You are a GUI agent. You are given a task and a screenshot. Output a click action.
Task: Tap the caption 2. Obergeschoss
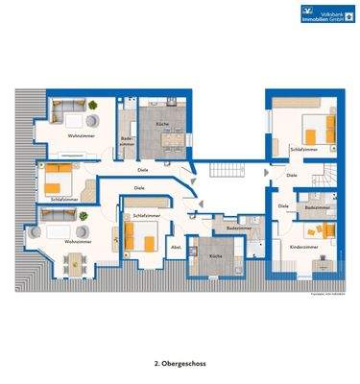pyautogui.click(x=180, y=364)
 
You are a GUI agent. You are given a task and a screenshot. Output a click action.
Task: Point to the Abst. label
pyautogui.click(x=175, y=248)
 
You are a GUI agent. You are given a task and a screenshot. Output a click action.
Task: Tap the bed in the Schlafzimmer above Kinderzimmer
pyautogui.click(x=312, y=130)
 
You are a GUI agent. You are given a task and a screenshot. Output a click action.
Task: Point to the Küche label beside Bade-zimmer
pyautogui.click(x=161, y=127)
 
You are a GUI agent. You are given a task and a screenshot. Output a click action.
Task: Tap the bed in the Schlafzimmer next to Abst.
pyautogui.click(x=142, y=238)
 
